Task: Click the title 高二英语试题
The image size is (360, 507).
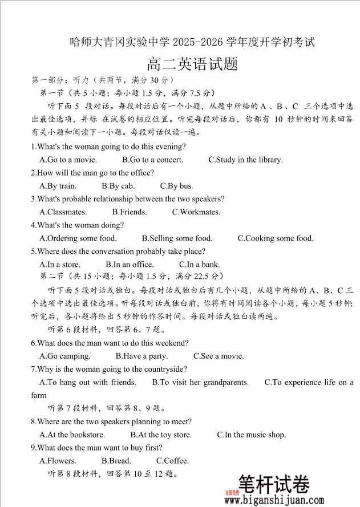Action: click(x=192, y=64)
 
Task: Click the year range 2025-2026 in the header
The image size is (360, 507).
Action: click(x=199, y=42)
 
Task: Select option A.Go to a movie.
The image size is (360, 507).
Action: click(x=68, y=160)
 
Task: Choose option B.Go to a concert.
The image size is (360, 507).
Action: click(x=153, y=160)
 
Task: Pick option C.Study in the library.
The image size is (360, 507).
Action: click(x=245, y=160)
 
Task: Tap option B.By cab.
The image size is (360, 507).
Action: click(x=118, y=186)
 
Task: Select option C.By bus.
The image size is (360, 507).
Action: click(x=176, y=186)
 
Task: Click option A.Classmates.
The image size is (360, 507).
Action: click(x=63, y=212)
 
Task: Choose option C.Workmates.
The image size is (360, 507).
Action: click(x=196, y=212)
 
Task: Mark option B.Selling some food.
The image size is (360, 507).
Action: click(x=177, y=238)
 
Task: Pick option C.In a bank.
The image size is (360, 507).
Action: click(x=199, y=265)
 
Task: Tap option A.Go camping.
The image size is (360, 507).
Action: click(x=65, y=356)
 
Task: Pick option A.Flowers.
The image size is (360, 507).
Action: click(x=58, y=461)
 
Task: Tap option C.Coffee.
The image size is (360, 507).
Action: click(x=172, y=461)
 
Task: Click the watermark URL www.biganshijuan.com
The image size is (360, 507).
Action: click(x=274, y=500)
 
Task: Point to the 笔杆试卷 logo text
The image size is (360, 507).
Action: click(x=274, y=485)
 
